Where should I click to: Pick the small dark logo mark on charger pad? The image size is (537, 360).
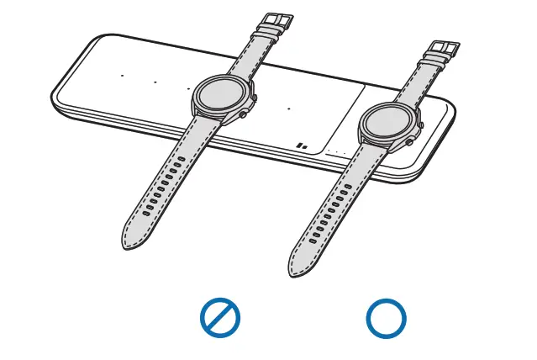pos(303,146)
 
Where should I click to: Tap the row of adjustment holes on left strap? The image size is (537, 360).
pos(163,189)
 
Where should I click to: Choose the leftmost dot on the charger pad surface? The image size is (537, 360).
pos(122,76)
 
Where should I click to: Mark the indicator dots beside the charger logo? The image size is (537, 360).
pos(335,153)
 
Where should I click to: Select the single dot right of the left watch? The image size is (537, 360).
pos(289,109)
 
